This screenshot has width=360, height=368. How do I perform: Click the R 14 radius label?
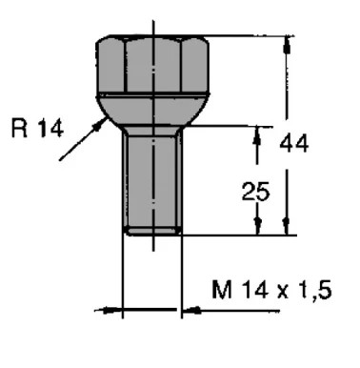coord(37,128)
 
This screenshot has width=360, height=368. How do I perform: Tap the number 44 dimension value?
coord(293,143)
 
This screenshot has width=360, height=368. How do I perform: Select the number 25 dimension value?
coord(255,192)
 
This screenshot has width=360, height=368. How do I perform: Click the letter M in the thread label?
coord(222,289)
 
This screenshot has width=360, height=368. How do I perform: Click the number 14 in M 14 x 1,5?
coord(254,290)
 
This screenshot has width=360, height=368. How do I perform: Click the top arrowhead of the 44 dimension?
coord(287,45)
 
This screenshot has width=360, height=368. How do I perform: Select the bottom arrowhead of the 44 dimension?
coord(287,226)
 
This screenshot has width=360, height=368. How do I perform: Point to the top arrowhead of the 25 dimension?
coord(257,135)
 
